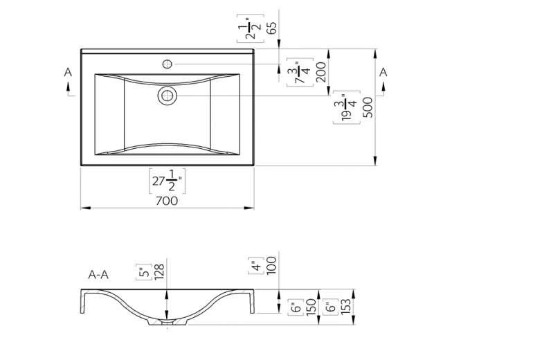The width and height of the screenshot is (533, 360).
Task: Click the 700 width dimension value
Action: (x=167, y=201)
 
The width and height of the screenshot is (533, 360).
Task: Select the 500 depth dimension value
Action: (x=368, y=107)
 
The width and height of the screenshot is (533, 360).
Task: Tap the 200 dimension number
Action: (x=321, y=72)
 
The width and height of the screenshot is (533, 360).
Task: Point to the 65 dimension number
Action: (x=271, y=28)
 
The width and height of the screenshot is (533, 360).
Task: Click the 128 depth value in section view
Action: (x=159, y=272)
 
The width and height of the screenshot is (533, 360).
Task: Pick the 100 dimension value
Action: (x=272, y=265)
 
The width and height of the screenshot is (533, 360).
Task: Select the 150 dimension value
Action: (x=311, y=307)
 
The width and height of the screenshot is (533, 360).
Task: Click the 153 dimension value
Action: (x=345, y=307)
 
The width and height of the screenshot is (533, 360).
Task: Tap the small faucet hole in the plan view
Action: (x=168, y=64)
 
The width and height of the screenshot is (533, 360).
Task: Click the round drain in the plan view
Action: (x=168, y=96)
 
